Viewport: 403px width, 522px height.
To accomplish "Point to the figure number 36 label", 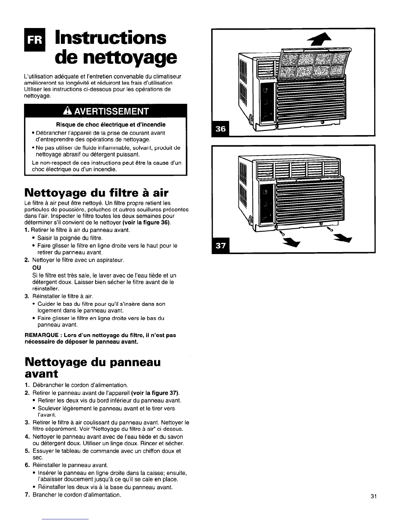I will pos(221,129).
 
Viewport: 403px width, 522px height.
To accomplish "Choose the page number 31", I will pos(373,497).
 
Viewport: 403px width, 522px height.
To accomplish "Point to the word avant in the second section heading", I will pos(41,374).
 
